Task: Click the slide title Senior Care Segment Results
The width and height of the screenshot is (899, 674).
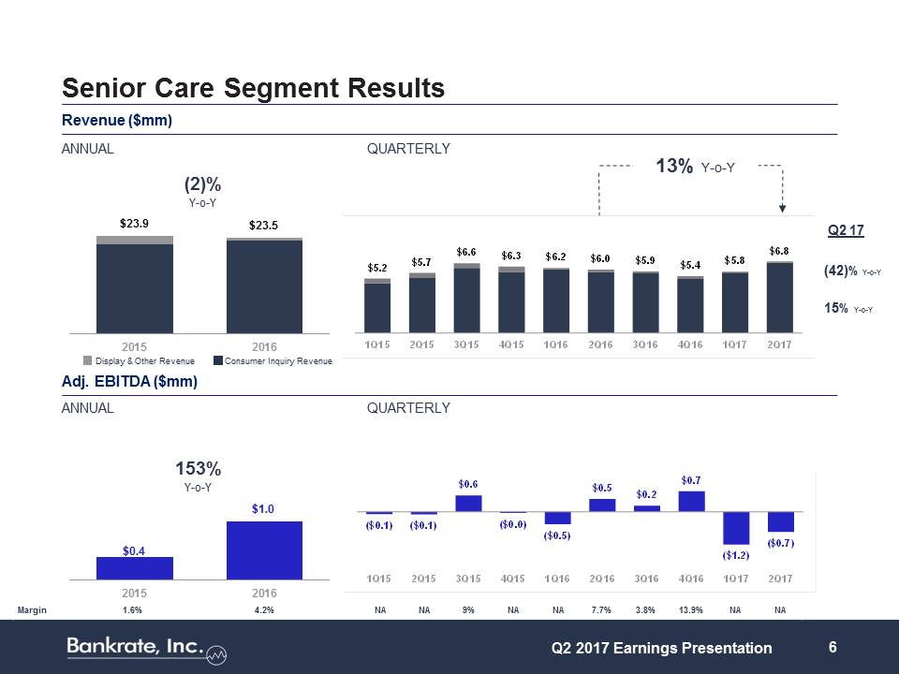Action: [x=253, y=88]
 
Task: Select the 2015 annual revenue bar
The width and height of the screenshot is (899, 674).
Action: [x=135, y=286]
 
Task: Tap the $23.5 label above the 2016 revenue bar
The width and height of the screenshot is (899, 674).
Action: [x=264, y=226]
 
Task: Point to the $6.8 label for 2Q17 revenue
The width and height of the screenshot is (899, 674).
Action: [x=779, y=251]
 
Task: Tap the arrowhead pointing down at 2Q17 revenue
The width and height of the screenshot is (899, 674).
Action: [x=783, y=209]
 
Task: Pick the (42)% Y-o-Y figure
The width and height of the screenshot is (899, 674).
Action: [x=853, y=271]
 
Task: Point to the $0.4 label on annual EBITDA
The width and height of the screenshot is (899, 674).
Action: [x=135, y=550]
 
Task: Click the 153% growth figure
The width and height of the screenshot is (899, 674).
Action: [x=199, y=468]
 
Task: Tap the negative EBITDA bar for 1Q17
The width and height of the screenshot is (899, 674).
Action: [x=735, y=528]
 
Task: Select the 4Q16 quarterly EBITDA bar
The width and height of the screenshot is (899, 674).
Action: [x=691, y=502]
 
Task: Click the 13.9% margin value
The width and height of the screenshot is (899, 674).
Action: [x=690, y=609]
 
